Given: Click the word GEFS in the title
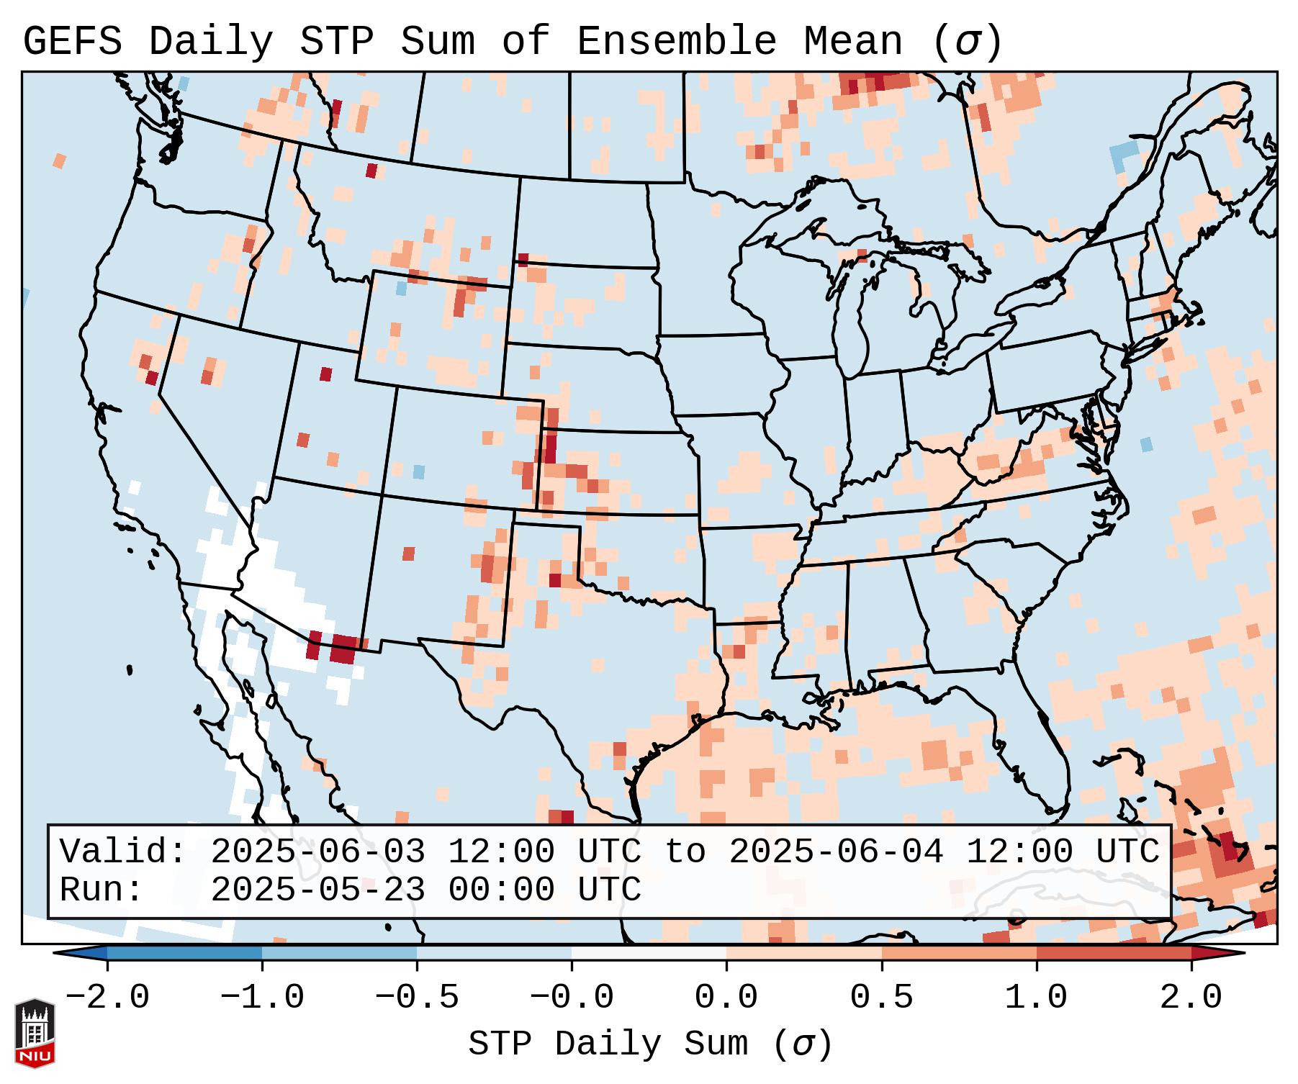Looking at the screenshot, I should pos(73,42).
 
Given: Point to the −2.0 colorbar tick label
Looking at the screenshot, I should pos(107,998).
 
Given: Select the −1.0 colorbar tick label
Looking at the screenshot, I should pos(262,998).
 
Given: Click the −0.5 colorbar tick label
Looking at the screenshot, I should pos(417,998).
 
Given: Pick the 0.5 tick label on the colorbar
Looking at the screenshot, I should pos(882,998).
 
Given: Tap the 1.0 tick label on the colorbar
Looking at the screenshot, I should pos(1037,998).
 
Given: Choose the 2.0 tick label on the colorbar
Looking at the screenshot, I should pos(1191,998).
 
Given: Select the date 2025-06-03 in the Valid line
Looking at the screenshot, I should pos(317,852).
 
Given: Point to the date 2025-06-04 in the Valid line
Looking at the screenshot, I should pos(836,852).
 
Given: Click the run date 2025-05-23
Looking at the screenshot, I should pos(317,890).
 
